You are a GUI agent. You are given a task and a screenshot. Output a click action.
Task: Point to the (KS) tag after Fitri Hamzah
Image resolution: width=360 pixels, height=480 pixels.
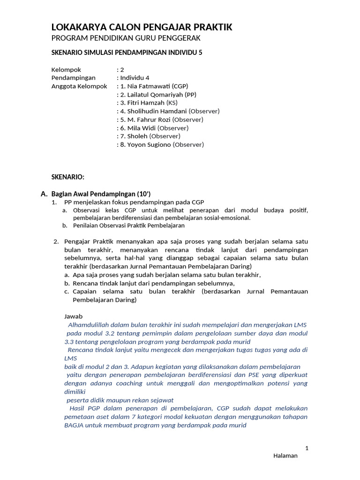tap(172, 103)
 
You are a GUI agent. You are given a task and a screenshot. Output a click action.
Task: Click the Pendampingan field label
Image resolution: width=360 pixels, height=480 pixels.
tap(73, 78)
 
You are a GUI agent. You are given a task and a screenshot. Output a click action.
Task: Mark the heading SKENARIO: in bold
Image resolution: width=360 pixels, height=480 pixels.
tap(67, 177)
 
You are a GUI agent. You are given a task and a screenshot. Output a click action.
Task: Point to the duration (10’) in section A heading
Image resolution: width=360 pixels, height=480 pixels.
tap(143, 194)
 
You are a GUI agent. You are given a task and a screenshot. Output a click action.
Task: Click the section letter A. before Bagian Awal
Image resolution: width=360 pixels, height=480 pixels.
tap(45, 194)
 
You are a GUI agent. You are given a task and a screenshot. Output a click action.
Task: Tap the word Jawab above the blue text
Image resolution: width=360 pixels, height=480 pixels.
tap(73, 316)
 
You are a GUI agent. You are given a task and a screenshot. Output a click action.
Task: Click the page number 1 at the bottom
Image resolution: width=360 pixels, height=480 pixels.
tap(307, 448)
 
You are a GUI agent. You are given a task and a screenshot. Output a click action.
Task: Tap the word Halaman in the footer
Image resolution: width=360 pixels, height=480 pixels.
tap(285, 456)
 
